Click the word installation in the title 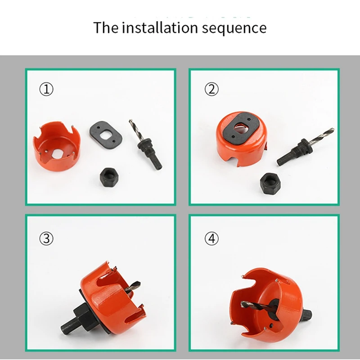click(x=160, y=27)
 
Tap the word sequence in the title click(x=234, y=28)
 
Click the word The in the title click(x=106, y=27)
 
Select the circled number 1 click(x=46, y=89)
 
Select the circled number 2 click(x=211, y=89)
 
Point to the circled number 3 click(x=46, y=238)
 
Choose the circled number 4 click(x=211, y=238)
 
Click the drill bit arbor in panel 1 click(x=146, y=144)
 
